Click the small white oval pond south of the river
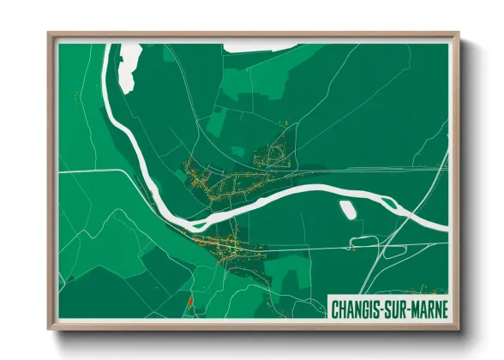pos(348,209)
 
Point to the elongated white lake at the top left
pos(129,64)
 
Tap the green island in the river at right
pos(389,204)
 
